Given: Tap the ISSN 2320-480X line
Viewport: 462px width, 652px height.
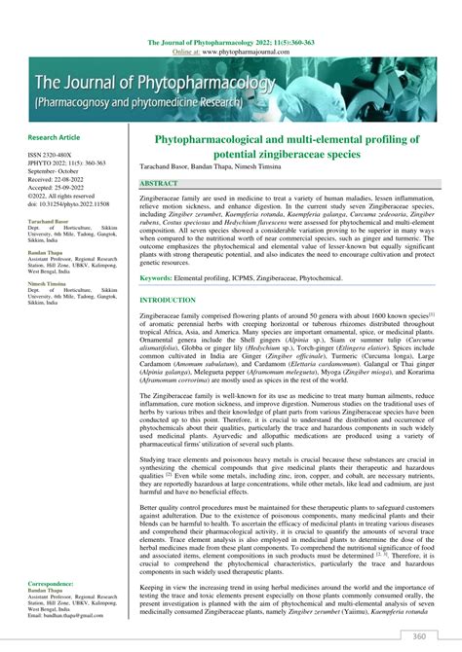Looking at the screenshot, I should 49,154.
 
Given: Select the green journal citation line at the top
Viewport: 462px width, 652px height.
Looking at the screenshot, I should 231,43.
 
